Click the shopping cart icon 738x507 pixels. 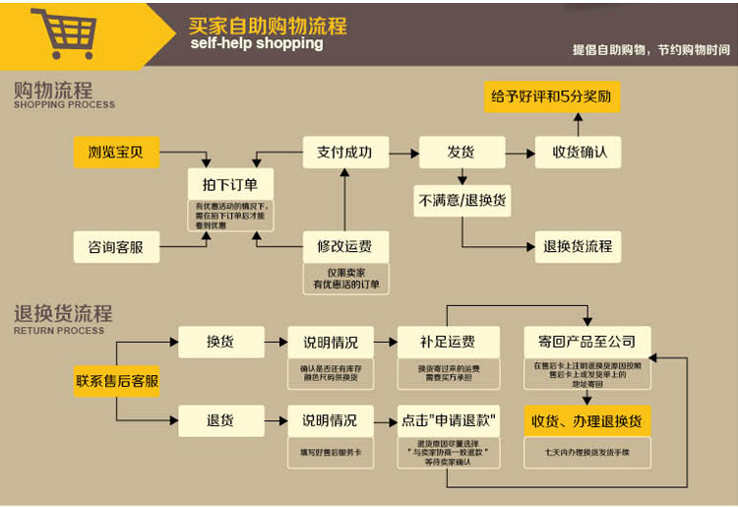tap(65, 33)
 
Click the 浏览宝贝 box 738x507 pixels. tap(116, 153)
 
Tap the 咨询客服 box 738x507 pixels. tap(116, 246)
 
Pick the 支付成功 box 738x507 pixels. tap(344, 153)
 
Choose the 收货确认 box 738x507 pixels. tap(578, 153)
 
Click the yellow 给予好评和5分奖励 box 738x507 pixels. tap(551, 96)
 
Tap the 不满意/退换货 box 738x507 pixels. tap(462, 200)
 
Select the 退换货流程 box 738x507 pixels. tap(578, 246)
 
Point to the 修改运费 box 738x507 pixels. tap(344, 246)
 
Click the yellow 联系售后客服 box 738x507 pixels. tap(116, 380)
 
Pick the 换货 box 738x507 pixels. tap(220, 342)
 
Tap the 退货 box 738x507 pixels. tap(220, 420)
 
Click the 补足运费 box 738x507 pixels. tap(448, 342)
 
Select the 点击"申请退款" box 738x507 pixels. tap(448, 420)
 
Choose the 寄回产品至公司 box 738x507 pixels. tap(586, 342)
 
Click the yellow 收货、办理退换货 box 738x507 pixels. tap(586, 420)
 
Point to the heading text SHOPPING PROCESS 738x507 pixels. tap(64, 104)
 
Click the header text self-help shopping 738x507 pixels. tap(256, 43)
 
